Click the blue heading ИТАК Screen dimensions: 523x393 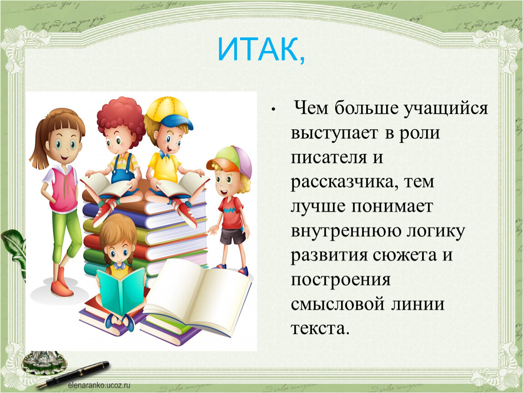point(261,50)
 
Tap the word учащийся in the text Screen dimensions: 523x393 point(446,109)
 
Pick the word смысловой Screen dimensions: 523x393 point(337,304)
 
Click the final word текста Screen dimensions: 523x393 point(320,328)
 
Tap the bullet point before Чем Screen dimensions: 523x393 point(273,110)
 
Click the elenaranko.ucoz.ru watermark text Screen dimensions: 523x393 point(99,385)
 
